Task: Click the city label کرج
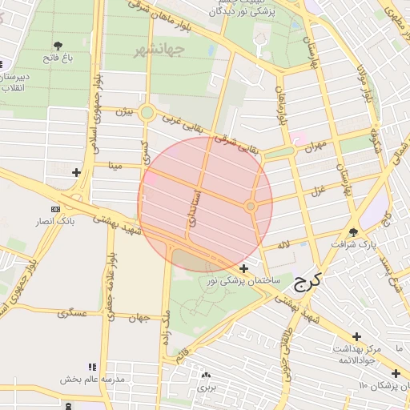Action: pos(307,280)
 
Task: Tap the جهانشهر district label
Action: pos(160,50)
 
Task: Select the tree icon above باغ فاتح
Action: pos(58,46)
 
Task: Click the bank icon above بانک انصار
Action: pos(54,209)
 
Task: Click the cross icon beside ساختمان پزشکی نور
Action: pos(243,268)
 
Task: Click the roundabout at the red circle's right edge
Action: pos(251,207)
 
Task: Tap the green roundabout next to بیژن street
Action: pos(147,113)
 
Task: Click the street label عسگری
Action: pos(72,313)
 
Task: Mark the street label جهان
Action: pos(140,318)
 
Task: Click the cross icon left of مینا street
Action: pos(76,172)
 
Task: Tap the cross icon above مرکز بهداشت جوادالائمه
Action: pos(356,336)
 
